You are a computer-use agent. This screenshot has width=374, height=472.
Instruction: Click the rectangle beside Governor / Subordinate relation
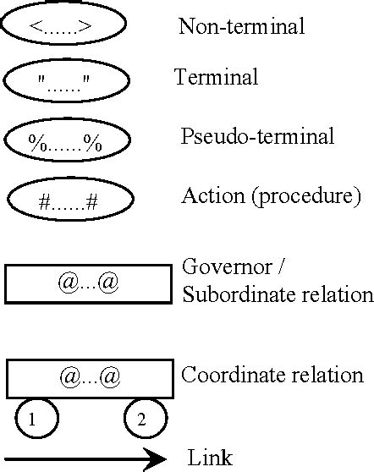(x=88, y=283)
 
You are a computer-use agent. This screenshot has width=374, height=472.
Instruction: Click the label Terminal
(x=216, y=78)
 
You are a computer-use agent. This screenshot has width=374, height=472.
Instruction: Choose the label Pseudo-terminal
(x=258, y=136)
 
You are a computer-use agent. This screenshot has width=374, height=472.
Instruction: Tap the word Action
(x=206, y=197)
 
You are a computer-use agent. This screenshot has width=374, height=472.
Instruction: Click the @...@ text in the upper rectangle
(x=88, y=283)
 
